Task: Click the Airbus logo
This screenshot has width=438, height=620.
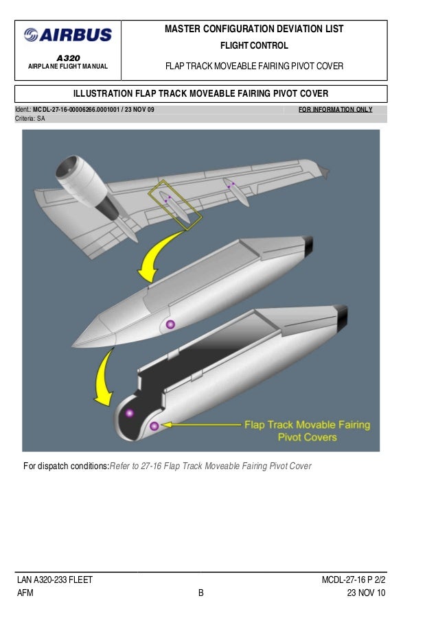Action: pos(67,35)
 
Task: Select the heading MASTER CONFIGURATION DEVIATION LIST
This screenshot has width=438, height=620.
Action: pos(254,29)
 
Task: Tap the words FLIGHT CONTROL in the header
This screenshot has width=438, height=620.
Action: pos(254,46)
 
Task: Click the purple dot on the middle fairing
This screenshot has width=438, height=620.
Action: pos(171,324)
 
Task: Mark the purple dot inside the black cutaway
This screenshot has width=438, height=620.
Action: pos(129,413)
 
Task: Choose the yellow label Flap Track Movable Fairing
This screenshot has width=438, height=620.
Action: pos(307,425)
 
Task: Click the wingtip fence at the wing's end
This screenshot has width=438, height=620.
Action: pos(323,170)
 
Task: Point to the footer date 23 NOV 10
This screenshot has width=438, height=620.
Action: pos(366,593)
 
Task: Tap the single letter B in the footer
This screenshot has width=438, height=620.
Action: pos(201,593)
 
